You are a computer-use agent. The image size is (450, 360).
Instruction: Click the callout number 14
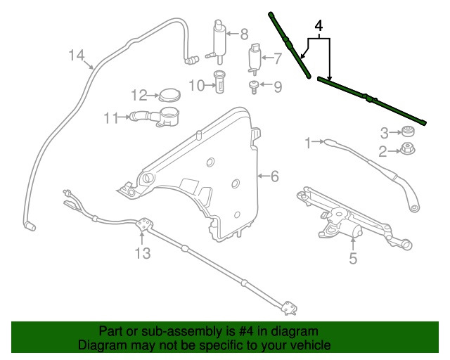pos(77,56)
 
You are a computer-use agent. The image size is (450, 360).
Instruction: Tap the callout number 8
pos(244,33)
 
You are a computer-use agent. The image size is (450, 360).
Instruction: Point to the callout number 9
pos(277,87)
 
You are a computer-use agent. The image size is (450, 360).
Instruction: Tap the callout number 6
pos(274,176)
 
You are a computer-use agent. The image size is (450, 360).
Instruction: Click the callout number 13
pos(143,253)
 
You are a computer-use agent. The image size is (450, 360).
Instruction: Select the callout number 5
pos(353,258)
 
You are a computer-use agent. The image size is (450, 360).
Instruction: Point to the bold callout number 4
pos(319,27)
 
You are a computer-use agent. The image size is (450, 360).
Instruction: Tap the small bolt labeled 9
pos(252,87)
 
